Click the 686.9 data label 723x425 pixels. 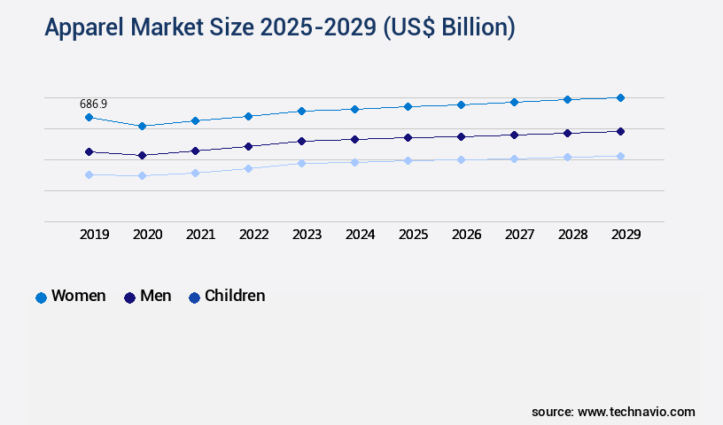pos(93,104)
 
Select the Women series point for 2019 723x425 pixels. pos(89,117)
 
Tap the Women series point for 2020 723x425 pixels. pos(142,126)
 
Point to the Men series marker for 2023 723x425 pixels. pos(301,141)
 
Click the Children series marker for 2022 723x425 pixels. pos(248,168)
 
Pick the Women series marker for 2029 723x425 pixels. pos(620,97)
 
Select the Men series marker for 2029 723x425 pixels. pos(620,131)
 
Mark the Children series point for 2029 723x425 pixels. pos(620,156)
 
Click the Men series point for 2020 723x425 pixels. pos(142,155)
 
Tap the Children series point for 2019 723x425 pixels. pos(89,174)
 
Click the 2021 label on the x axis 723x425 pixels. pos(200,235)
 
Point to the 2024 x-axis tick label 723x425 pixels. pos(360,235)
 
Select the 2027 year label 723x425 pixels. pos(519,235)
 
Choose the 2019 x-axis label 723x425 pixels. pos(94,235)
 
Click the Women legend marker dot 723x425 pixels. pos(41,297)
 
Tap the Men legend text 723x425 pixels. pos(156,296)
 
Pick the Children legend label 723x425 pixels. pos(235,296)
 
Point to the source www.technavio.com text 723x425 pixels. pos(613,412)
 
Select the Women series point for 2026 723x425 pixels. pos(461,104)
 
